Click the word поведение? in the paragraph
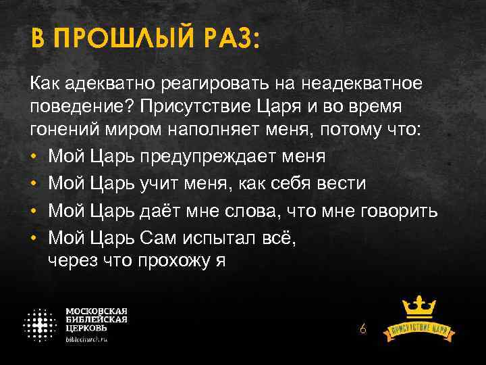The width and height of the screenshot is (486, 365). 74,108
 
